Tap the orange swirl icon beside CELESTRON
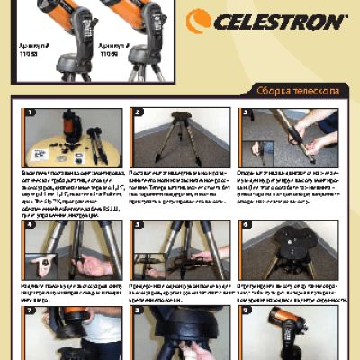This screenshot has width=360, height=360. [x=198, y=21]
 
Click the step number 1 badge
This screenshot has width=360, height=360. [x=31, y=113]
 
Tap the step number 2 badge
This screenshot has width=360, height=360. [x=138, y=113]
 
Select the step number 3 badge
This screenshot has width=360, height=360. [x=245, y=113]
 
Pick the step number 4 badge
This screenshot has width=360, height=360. [x=31, y=225]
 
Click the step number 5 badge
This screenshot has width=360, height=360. [x=138, y=225]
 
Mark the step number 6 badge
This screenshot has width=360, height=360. [x=245, y=225]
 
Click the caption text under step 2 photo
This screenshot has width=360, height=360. [x=180, y=185]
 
